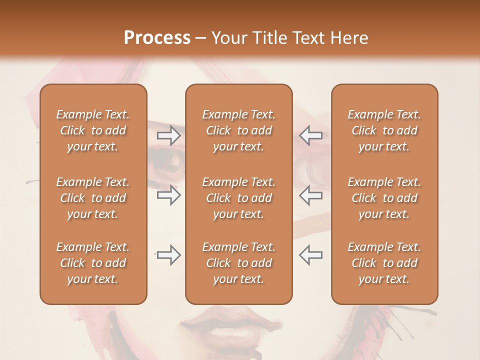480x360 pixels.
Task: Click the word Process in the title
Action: (x=157, y=38)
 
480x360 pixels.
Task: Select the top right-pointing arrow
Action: (x=169, y=135)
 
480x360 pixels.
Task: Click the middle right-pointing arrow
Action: (x=169, y=195)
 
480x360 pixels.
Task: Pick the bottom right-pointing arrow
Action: (x=169, y=255)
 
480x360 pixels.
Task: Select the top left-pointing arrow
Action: (x=310, y=135)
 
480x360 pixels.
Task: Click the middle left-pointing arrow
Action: (x=310, y=195)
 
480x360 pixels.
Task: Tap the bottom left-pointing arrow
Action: (x=310, y=255)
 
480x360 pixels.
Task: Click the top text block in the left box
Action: (x=93, y=130)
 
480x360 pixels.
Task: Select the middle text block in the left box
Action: (x=93, y=198)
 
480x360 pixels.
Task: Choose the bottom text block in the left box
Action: (x=93, y=263)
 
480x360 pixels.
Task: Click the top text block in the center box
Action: (x=238, y=130)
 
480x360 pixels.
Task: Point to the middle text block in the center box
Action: (x=238, y=198)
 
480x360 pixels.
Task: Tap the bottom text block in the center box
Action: (x=238, y=263)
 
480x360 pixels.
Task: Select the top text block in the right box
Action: (x=384, y=130)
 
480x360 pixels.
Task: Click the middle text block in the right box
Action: (x=384, y=198)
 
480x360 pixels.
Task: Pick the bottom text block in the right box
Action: (x=384, y=263)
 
